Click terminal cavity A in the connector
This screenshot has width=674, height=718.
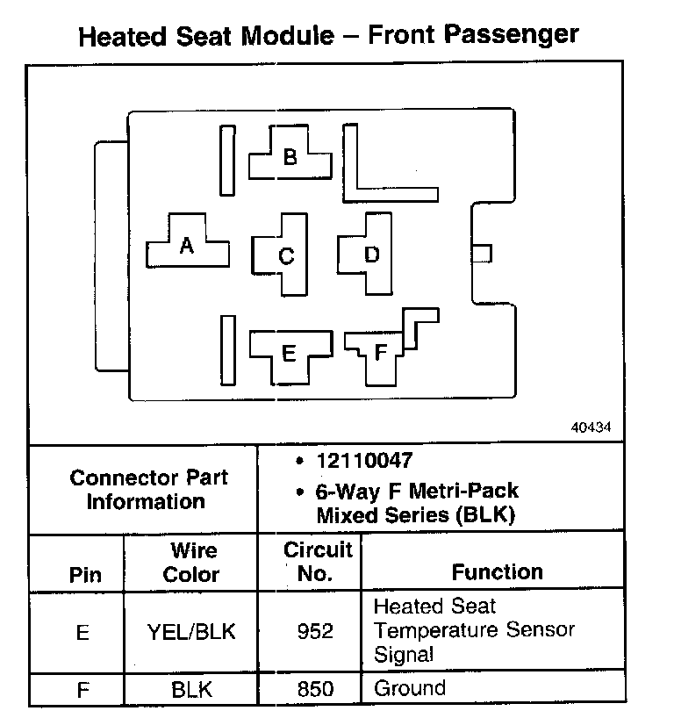tap(186, 246)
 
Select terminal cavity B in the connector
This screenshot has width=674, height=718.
tap(290, 157)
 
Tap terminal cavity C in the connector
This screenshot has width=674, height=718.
tap(285, 255)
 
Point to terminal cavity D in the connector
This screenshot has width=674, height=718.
tap(371, 254)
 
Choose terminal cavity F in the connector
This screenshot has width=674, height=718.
tap(380, 353)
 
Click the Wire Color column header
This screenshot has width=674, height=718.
tap(192, 563)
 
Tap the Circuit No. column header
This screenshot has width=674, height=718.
tap(319, 562)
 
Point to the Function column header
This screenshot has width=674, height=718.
tap(497, 572)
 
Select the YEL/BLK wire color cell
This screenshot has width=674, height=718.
tap(192, 631)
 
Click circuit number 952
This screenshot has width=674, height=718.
tap(315, 631)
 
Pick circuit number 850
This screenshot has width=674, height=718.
tap(315, 690)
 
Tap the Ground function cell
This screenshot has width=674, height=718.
tap(410, 688)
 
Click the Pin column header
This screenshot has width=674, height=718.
tap(85, 575)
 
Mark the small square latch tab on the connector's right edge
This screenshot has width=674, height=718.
tap(482, 254)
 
